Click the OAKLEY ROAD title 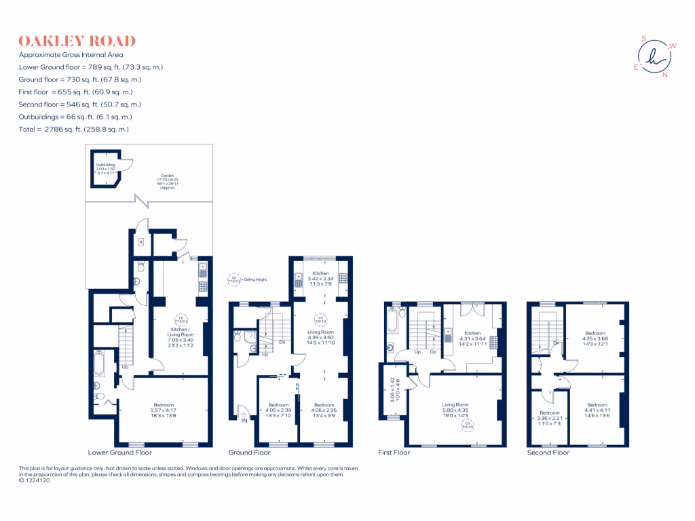[x=77, y=41]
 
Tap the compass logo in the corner [x=654, y=56]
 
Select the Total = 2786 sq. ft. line [x=74, y=129]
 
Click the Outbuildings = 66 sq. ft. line [x=80, y=117]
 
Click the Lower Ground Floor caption [x=120, y=452]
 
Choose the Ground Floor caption [x=249, y=452]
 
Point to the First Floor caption [x=394, y=452]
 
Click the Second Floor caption [x=548, y=452]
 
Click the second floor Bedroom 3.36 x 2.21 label [x=550, y=417]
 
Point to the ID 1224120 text [x=34, y=480]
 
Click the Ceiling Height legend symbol [x=235, y=279]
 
